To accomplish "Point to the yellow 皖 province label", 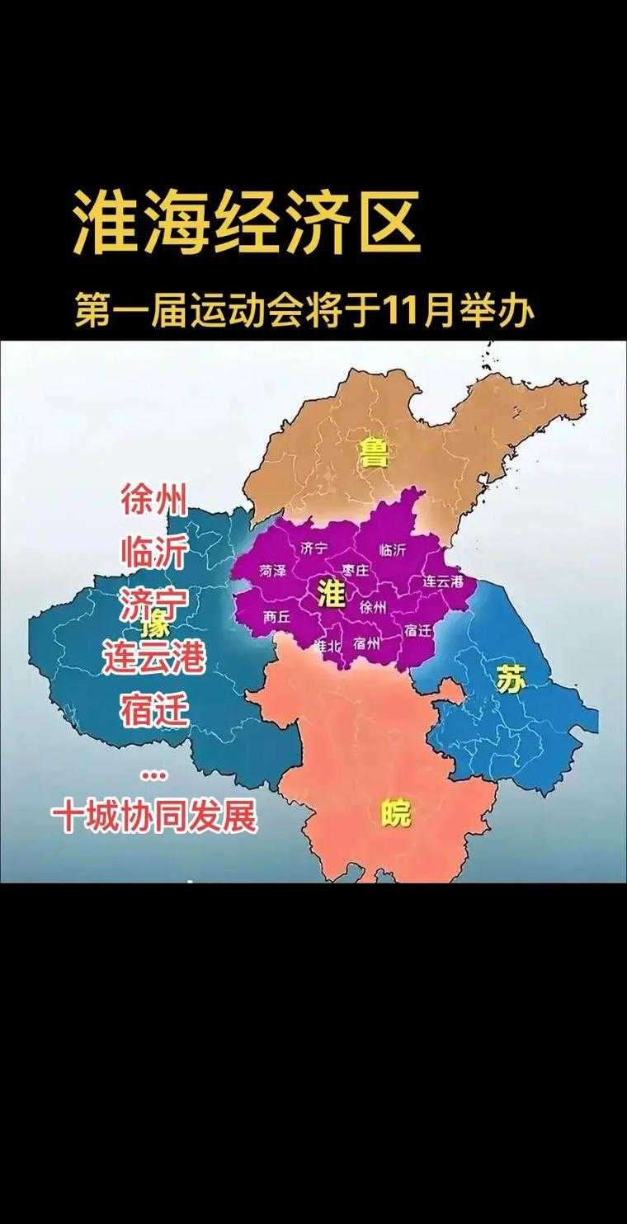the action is (396, 815).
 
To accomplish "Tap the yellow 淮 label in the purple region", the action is (331, 594).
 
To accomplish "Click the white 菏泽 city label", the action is (272, 571).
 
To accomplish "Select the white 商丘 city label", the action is (276, 616).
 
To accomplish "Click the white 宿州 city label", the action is (365, 644).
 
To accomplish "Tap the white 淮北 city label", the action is (328, 646).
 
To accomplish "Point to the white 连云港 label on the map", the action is (443, 581).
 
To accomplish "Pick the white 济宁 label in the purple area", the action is (314, 548).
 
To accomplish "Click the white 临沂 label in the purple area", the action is (393, 549).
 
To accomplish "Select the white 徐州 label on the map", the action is (373, 607).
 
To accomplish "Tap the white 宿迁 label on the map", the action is (418, 629).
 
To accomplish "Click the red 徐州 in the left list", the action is (153, 501).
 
